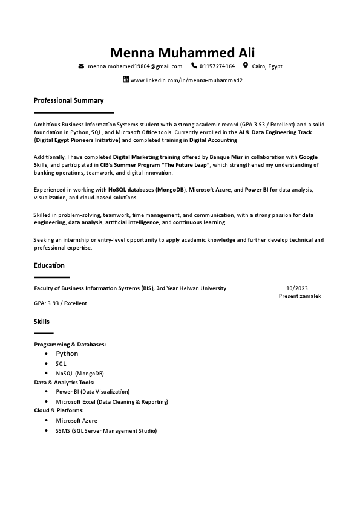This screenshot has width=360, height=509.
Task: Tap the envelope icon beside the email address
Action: pos(81,66)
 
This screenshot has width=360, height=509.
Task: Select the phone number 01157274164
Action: pos(217,66)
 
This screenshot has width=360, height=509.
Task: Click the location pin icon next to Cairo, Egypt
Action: pos(246,66)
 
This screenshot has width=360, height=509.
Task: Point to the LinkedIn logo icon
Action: pos(126,80)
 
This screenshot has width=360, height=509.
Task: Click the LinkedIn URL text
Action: pos(186,80)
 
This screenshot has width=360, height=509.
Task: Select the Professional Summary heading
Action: pos(68,100)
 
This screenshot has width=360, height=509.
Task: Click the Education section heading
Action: pos(49,265)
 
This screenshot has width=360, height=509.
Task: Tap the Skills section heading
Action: pos(42,322)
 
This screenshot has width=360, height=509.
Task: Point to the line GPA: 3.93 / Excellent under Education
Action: pos(61,303)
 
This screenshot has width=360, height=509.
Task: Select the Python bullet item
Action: pos(67,354)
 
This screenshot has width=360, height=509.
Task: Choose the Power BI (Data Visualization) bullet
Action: pos(93,392)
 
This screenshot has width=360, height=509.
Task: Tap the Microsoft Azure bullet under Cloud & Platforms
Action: pos(76,420)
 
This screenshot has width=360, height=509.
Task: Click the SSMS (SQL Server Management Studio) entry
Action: pos(106,431)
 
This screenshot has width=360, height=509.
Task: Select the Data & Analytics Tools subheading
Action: pos(64,382)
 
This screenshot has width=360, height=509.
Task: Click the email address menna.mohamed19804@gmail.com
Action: pos(135,66)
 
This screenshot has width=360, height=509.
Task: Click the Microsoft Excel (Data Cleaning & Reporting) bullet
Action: pos(112,401)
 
